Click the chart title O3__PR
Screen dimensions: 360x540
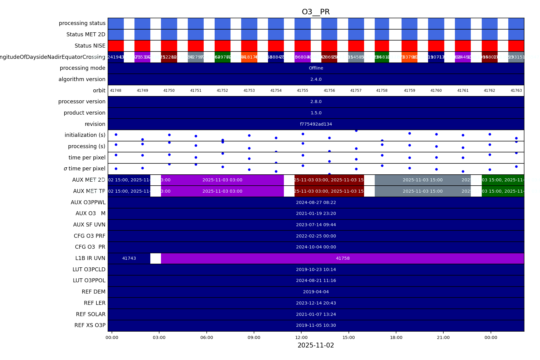[316, 12]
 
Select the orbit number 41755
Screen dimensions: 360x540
[302, 91]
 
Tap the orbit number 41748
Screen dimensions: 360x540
[116, 91]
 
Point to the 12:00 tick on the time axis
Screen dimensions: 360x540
[301, 337]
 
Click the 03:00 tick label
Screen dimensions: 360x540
[159, 337]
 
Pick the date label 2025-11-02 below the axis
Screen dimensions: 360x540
[316, 345]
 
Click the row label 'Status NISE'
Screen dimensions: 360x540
[90, 46]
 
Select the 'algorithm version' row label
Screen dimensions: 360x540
[82, 79]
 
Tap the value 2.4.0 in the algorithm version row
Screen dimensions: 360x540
[316, 79]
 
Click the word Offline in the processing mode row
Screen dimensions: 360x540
[316, 68]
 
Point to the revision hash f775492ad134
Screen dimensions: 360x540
[316, 124]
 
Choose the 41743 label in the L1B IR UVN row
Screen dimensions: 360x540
[129, 258]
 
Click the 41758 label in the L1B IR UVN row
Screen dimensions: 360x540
[343, 258]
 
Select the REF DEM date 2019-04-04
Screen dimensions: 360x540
[316, 292]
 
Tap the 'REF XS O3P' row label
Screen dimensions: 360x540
[90, 325]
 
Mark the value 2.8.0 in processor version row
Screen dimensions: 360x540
[316, 102]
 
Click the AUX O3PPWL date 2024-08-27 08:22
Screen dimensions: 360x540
[316, 202]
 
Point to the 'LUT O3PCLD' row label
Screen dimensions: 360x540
[89, 269]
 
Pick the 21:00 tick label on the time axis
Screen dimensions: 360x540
[443, 337]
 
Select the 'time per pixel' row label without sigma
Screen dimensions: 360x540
[87, 158]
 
